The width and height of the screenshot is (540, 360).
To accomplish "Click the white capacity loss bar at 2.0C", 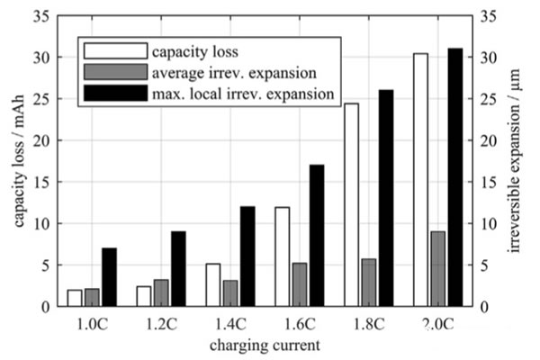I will click(x=420, y=180).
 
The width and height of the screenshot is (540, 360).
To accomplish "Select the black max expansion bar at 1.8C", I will click(x=385, y=198).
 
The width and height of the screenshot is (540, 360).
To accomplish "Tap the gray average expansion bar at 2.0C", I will click(x=436, y=269).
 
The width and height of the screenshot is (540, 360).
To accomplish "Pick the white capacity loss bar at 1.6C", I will click(x=282, y=256).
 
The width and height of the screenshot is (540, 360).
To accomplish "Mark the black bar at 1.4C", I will click(x=247, y=256).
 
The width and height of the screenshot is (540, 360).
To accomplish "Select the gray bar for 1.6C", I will click(x=299, y=284).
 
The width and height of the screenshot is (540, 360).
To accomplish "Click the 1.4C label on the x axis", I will click(x=229, y=322).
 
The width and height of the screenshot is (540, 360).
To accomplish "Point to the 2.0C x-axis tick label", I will click(x=436, y=322).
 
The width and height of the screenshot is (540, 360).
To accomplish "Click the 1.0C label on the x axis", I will click(x=91, y=322).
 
